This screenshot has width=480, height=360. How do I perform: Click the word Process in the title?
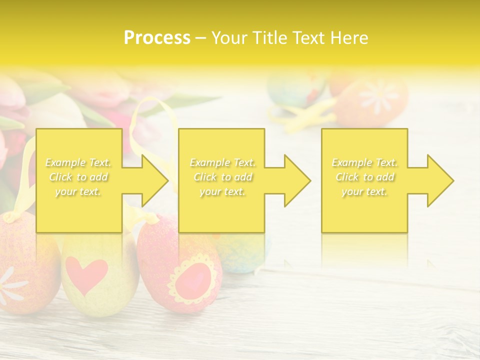(x=157, y=38)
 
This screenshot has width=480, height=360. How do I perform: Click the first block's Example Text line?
(x=78, y=162)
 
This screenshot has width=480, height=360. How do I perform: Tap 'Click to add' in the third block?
(x=365, y=177)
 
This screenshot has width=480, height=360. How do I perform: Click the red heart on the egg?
(x=86, y=274)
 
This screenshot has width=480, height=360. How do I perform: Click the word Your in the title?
(x=228, y=38)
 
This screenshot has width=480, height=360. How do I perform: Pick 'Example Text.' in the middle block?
(x=222, y=162)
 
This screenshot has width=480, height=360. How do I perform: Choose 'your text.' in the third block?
(x=365, y=191)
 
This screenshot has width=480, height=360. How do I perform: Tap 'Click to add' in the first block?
(x=78, y=177)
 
